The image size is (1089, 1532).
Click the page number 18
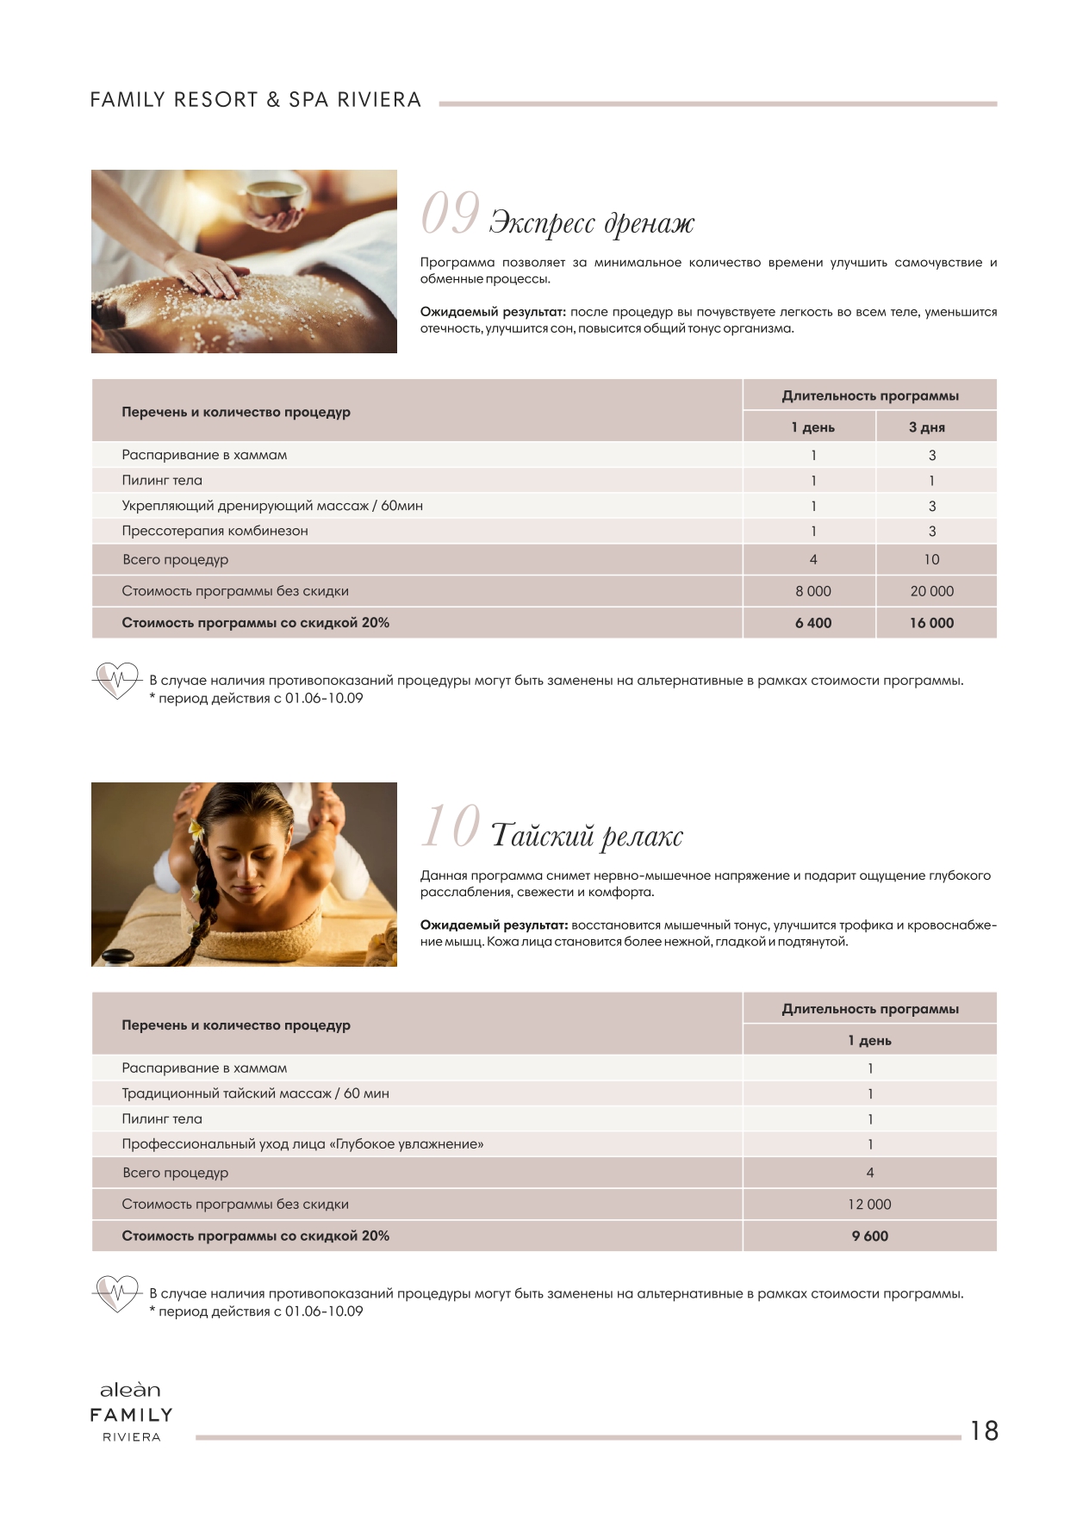tap(984, 1430)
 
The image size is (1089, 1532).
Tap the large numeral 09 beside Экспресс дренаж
tap(450, 213)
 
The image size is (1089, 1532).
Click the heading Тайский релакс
tap(587, 835)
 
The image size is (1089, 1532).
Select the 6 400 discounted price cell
tap(812, 623)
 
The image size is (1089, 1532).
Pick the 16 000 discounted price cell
tap(931, 623)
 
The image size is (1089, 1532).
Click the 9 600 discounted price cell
tap(869, 1236)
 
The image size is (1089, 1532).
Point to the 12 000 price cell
tap(869, 1204)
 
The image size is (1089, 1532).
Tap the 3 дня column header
tap(927, 427)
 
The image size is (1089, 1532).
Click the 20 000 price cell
tap(931, 591)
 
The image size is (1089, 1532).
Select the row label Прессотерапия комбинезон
tap(215, 531)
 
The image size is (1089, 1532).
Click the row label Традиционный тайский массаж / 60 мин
tap(255, 1093)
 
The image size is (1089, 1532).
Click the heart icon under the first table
tap(116, 681)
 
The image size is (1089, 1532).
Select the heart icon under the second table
tap(116, 1293)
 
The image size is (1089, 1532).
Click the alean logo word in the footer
tap(130, 1390)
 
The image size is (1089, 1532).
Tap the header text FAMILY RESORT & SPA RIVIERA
tap(256, 100)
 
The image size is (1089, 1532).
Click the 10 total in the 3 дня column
tap(931, 559)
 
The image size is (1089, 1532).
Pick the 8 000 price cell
tap(812, 591)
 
